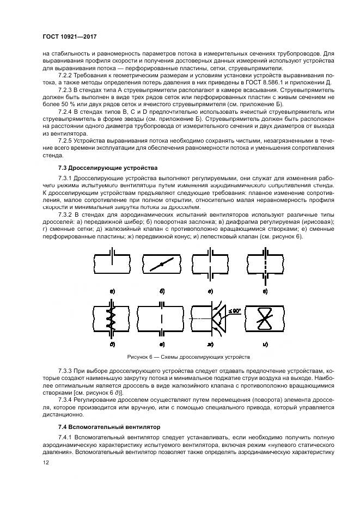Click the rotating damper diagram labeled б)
click(162, 266)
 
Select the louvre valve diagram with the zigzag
click(112, 319)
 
